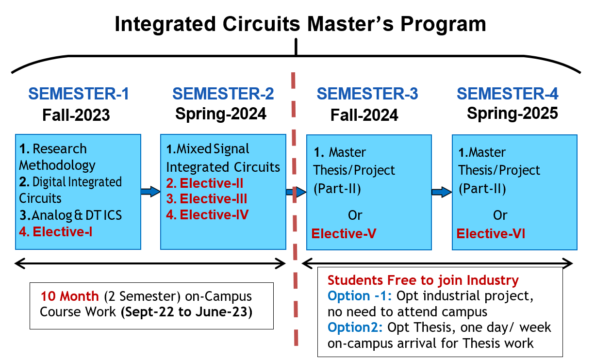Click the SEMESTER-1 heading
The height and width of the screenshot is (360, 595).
click(x=79, y=94)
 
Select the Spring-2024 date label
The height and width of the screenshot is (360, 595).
click(x=221, y=114)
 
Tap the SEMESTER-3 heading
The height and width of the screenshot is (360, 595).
click(x=367, y=94)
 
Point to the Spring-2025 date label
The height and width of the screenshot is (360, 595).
click(x=512, y=114)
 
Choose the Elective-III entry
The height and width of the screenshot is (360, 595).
click(x=207, y=199)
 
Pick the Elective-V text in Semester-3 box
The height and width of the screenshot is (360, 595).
click(x=344, y=234)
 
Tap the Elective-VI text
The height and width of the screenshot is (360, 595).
click(x=491, y=234)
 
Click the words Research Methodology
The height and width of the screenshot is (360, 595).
click(x=57, y=157)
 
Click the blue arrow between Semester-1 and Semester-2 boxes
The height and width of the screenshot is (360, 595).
click(x=150, y=192)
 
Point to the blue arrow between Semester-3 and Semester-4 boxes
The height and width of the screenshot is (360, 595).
click(x=442, y=192)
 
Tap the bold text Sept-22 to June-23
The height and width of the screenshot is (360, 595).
click(x=186, y=311)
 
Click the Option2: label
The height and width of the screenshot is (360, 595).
click(x=355, y=327)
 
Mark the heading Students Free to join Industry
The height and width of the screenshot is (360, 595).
click(x=423, y=280)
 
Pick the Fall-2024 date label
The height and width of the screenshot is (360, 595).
click(x=364, y=115)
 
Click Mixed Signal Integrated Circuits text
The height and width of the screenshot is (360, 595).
click(x=223, y=158)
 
